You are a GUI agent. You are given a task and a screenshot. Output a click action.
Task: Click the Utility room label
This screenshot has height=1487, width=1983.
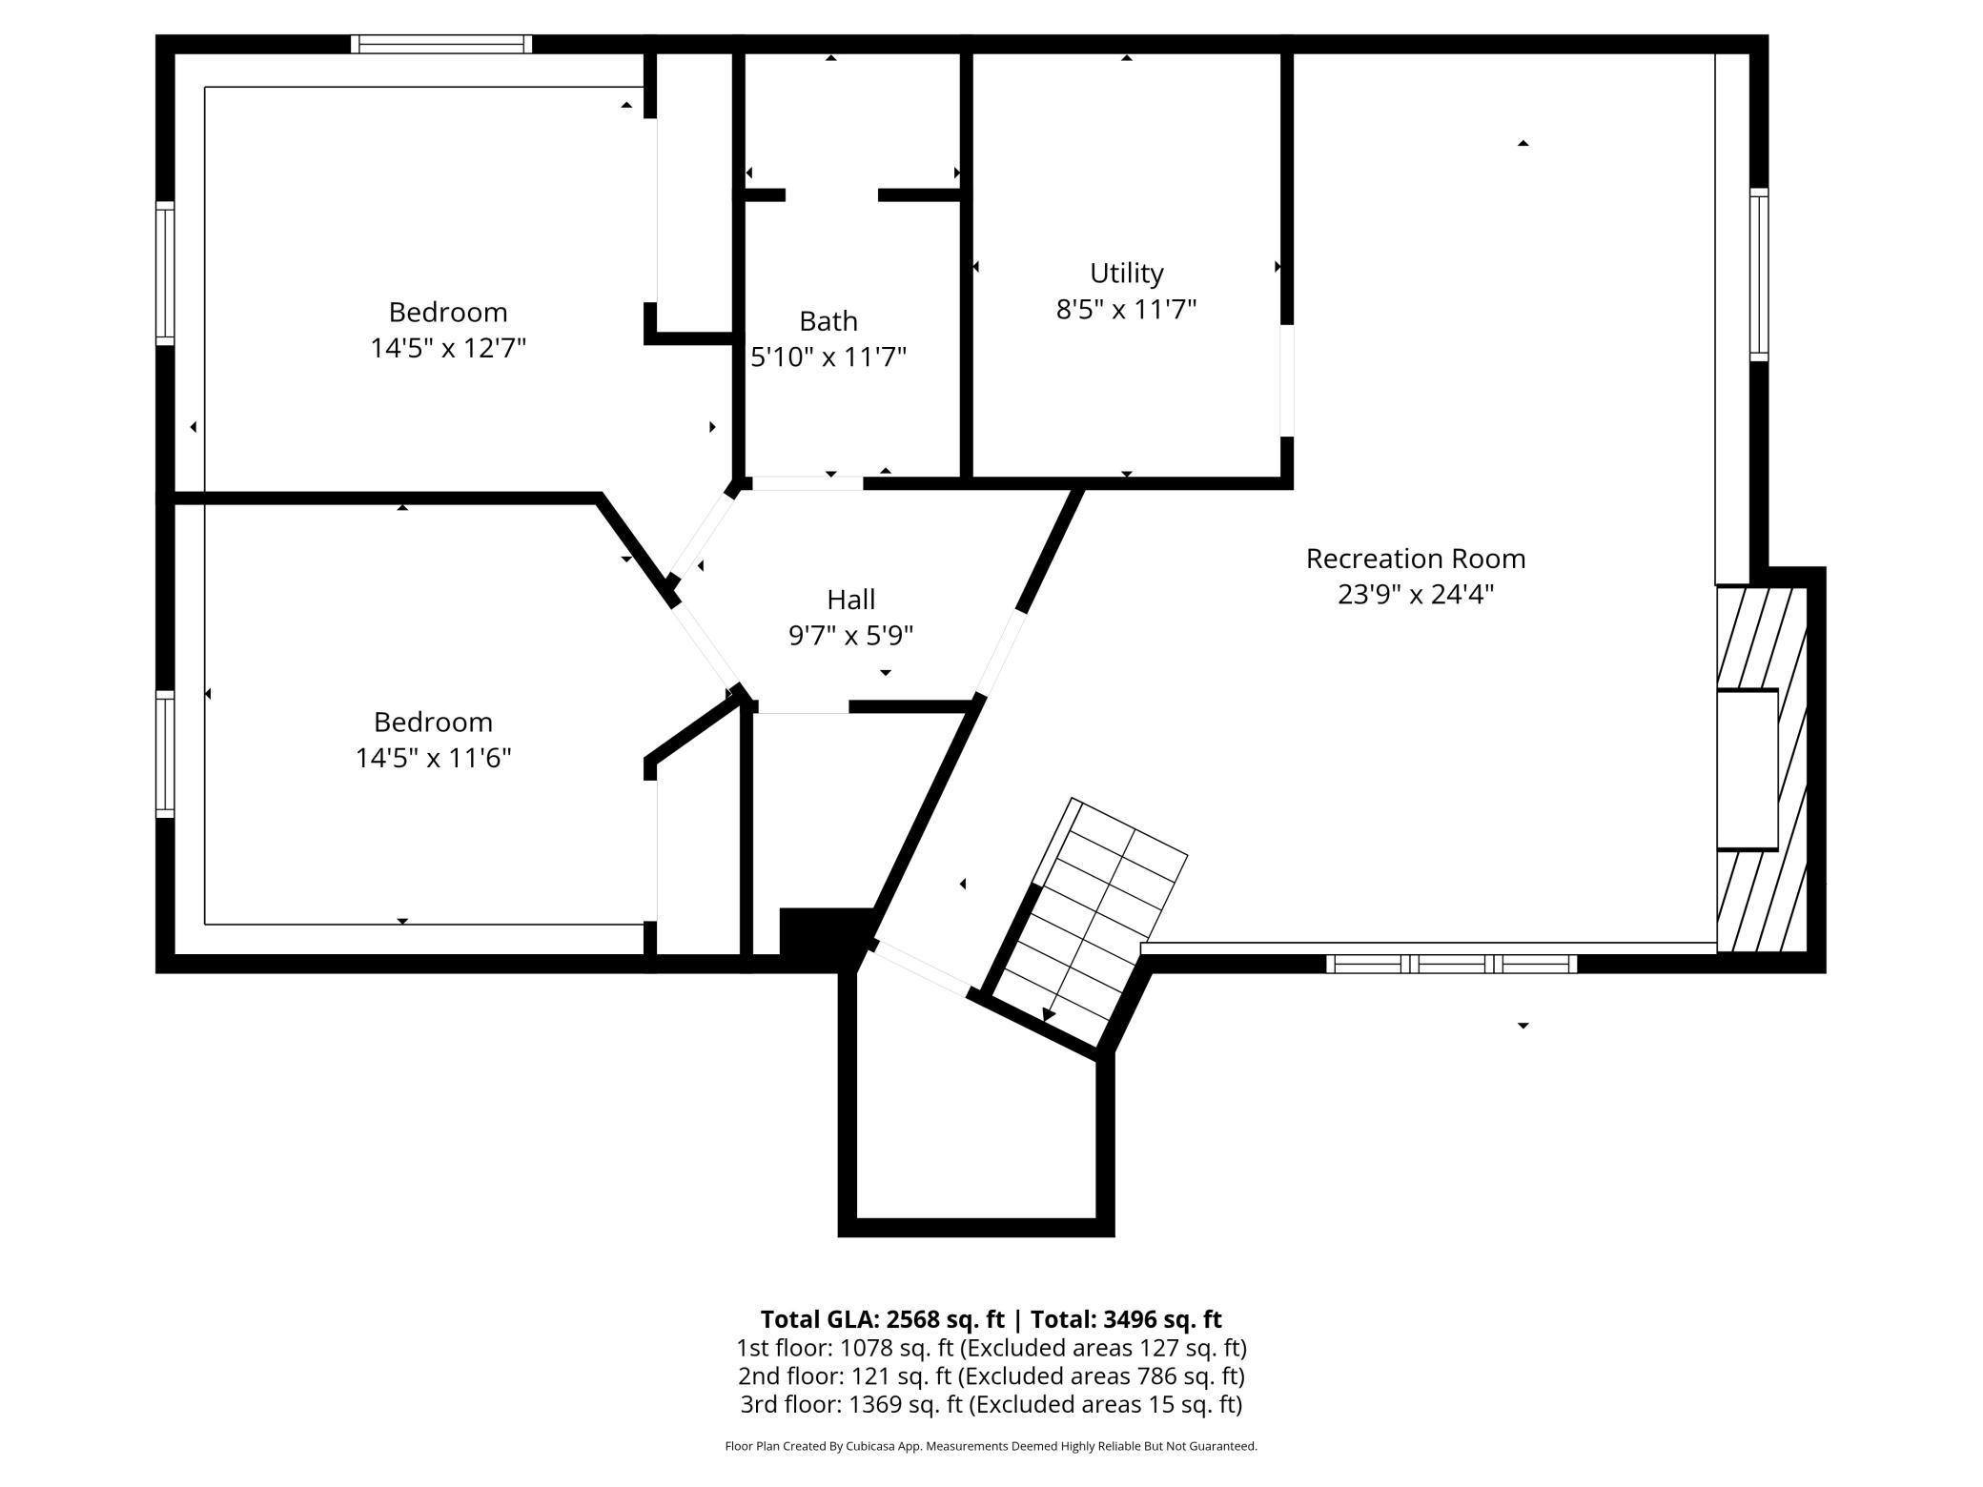click(1126, 274)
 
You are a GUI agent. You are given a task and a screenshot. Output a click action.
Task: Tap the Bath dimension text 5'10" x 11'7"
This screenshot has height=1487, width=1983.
click(828, 357)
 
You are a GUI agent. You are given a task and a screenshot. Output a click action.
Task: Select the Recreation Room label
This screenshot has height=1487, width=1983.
click(1415, 559)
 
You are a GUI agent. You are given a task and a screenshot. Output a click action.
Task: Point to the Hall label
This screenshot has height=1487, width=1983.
click(850, 600)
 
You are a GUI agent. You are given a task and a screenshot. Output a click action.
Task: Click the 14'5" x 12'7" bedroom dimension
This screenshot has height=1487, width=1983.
click(448, 348)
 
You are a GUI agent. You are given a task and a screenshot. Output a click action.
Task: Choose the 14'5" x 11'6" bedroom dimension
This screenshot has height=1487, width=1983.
click(433, 758)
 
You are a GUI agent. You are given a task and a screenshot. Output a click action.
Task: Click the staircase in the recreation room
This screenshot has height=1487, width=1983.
click(1092, 915)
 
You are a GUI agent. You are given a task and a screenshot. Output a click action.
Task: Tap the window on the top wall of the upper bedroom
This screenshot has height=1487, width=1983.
click(441, 44)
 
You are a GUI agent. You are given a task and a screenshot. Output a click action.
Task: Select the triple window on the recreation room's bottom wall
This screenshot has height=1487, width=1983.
click(1451, 964)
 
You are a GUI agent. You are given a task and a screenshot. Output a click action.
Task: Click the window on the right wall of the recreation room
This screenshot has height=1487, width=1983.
click(1759, 275)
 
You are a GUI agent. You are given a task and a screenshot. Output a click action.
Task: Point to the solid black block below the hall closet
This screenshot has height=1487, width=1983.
click(826, 930)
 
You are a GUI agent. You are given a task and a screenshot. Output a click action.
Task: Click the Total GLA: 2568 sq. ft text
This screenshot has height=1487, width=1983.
click(882, 1319)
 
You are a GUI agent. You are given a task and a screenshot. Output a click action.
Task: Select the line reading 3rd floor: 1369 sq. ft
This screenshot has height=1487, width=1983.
click(991, 1404)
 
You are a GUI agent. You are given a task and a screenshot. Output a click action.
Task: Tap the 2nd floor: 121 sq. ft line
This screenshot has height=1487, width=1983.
click(991, 1375)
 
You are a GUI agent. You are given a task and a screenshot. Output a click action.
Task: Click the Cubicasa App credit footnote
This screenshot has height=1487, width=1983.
click(991, 1446)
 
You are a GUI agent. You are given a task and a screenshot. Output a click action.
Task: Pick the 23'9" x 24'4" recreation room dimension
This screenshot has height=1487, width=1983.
click(1415, 595)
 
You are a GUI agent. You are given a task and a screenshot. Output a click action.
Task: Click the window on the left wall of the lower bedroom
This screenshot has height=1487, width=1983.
click(165, 754)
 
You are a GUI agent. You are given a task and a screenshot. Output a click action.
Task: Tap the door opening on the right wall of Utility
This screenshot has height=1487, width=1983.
click(1286, 380)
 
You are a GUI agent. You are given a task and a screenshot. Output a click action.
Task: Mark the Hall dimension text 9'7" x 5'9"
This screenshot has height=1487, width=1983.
click(850, 636)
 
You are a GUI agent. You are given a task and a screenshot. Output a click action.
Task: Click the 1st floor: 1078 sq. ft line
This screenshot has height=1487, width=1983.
click(991, 1348)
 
